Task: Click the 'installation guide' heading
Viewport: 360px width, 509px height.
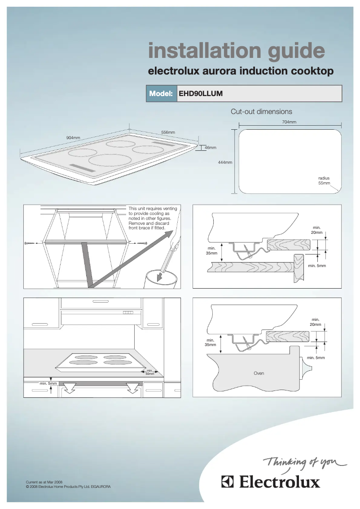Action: [237, 51]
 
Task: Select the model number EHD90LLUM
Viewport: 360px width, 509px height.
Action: [201, 94]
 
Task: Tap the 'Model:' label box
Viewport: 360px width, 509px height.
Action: [162, 94]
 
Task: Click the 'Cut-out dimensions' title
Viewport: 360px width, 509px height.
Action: [261, 111]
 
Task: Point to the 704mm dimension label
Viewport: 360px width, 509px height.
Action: [289, 122]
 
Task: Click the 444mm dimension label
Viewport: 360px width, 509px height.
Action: [225, 162]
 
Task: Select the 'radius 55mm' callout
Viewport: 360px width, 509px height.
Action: [324, 181]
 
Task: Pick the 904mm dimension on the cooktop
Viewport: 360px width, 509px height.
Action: [73, 137]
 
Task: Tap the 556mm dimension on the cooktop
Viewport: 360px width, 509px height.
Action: [168, 132]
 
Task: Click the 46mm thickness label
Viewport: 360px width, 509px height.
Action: [210, 147]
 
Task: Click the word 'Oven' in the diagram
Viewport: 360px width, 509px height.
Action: [259, 373]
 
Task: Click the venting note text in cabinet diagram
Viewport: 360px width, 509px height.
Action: [153, 218]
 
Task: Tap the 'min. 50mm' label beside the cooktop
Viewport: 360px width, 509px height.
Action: [150, 372]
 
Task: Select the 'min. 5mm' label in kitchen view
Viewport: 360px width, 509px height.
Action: [48, 383]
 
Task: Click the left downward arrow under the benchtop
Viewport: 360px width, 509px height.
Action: [69, 387]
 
